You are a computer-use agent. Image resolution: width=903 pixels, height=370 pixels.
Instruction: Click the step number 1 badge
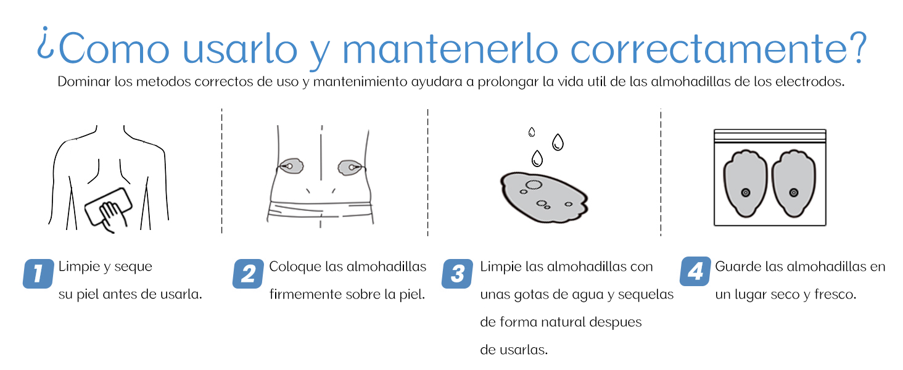[38, 273]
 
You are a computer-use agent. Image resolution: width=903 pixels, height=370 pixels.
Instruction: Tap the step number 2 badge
[248, 273]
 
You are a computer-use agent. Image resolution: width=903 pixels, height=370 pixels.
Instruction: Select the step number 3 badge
[457, 273]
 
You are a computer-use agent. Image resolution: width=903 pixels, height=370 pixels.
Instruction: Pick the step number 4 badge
[695, 271]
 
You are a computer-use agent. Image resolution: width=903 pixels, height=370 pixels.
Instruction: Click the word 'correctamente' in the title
[698, 49]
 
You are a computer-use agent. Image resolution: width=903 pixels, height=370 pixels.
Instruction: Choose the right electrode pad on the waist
[349, 166]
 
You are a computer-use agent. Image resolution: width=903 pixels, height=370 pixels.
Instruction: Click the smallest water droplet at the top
[532, 131]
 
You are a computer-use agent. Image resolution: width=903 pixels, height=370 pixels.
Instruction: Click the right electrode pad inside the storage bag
[794, 183]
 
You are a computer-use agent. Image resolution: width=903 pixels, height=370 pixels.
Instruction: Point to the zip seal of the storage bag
[769, 135]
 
